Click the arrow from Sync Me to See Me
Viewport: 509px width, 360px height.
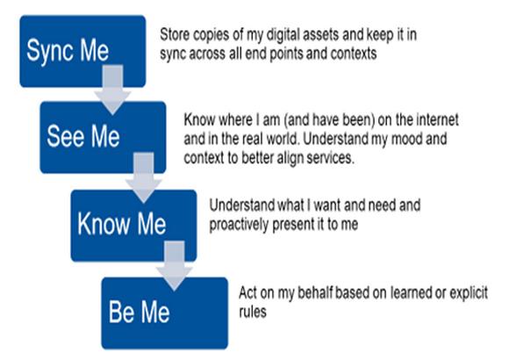point(112,90)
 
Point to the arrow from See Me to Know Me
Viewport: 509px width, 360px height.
point(143,178)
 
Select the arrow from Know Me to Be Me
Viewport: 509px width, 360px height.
point(175,266)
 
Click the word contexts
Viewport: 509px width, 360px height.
point(354,54)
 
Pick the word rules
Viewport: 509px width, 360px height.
point(253,312)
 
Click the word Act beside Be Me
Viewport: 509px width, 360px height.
point(248,292)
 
